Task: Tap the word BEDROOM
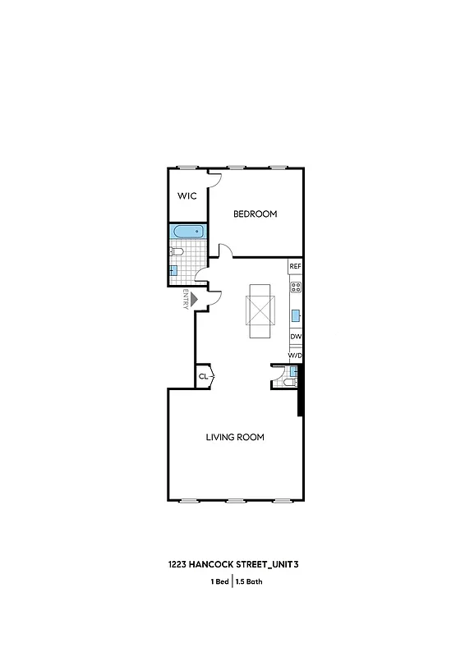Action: (255, 214)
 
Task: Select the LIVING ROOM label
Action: (235, 437)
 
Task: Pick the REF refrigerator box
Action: (296, 267)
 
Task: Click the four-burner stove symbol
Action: (296, 287)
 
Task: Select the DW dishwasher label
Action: (296, 338)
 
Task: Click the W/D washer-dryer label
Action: (296, 355)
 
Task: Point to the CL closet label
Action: (203, 377)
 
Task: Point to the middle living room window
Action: (237, 500)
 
